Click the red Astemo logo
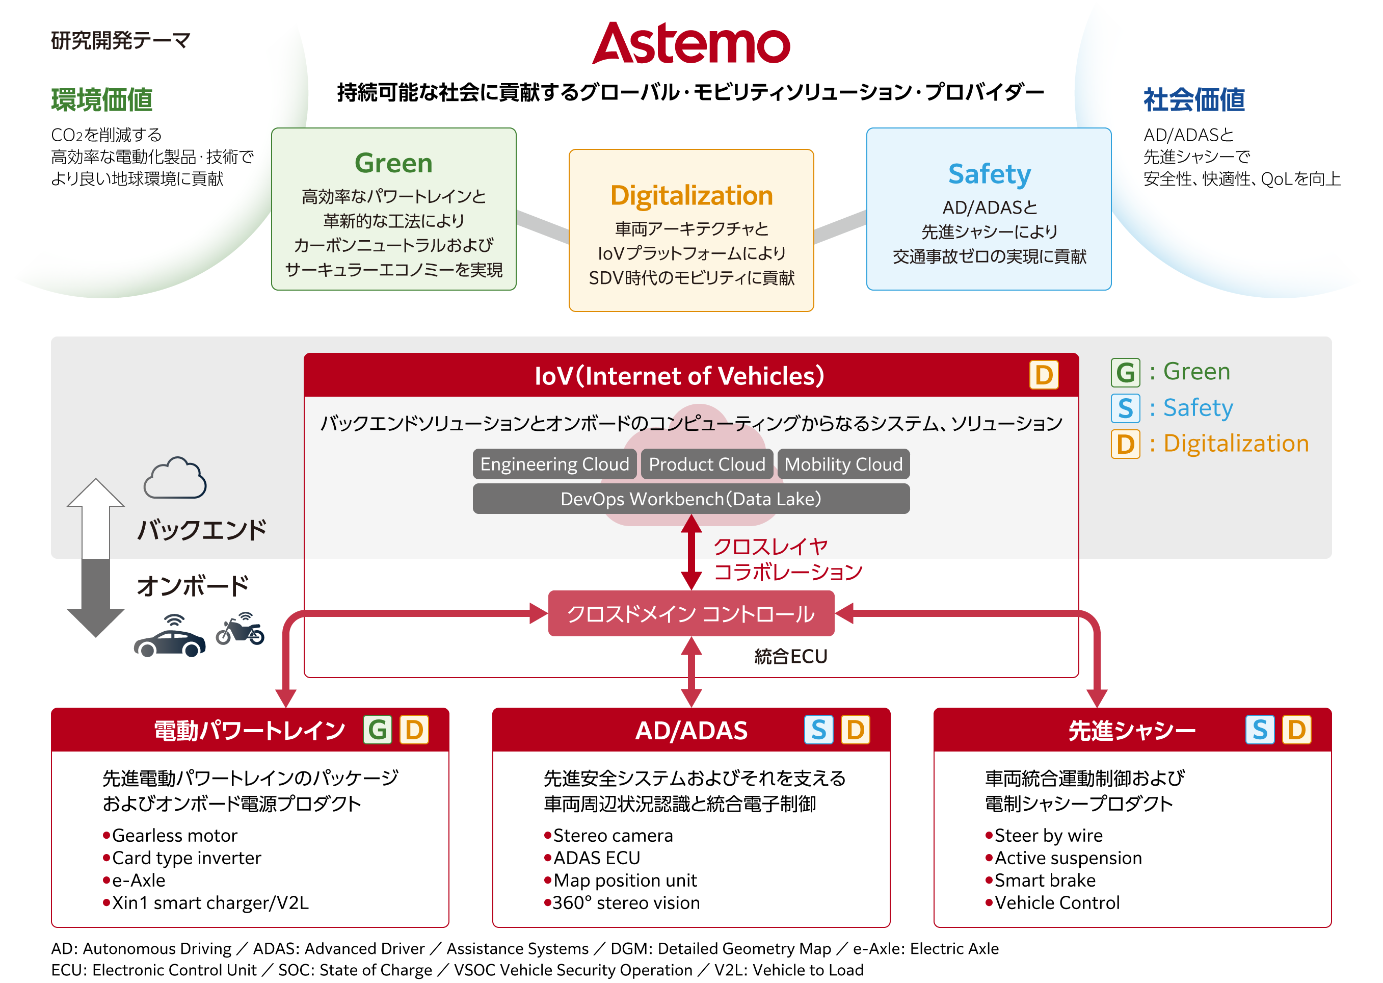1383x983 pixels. [x=691, y=43]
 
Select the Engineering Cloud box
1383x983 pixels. [x=554, y=464]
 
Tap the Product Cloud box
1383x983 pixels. [x=707, y=464]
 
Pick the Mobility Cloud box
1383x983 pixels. [x=843, y=464]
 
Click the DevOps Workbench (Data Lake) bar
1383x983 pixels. [x=691, y=499]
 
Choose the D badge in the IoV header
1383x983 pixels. [x=1044, y=375]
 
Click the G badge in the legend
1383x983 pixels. [x=1125, y=372]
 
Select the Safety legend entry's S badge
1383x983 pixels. [x=1125, y=408]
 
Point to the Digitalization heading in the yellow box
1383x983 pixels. [x=691, y=195]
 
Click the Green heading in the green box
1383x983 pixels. [x=393, y=163]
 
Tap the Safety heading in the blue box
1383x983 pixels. [x=989, y=174]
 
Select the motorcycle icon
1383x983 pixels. [x=240, y=630]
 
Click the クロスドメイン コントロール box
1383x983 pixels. [x=691, y=614]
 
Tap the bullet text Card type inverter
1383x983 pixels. [x=187, y=858]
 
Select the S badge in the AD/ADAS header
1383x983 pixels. [x=818, y=730]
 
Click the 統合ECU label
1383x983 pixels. [x=790, y=657]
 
